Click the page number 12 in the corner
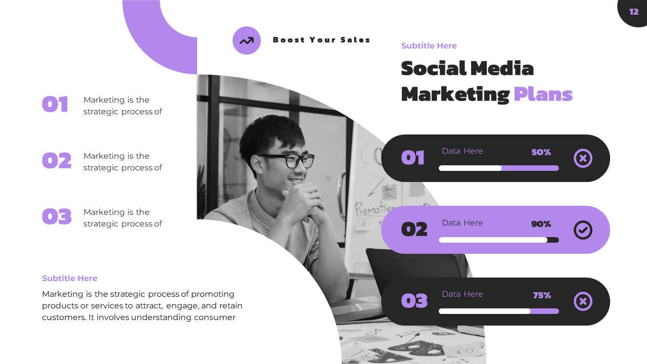[x=633, y=12]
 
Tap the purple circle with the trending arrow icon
[x=247, y=40]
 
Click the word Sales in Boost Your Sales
[x=354, y=40]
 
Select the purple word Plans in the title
[x=543, y=94]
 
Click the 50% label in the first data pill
[x=541, y=152]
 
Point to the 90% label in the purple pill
[x=541, y=224]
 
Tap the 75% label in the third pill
[x=542, y=295]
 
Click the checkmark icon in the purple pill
[x=583, y=230]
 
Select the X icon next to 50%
[x=583, y=159]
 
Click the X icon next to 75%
[x=583, y=302]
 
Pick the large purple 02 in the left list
[x=56, y=161]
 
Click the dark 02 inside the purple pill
[x=414, y=230]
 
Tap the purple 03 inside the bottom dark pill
[x=414, y=301]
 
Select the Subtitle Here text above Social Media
[x=429, y=45]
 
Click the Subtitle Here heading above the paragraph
[x=70, y=278]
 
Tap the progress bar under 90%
[x=498, y=240]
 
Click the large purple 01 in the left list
[x=55, y=105]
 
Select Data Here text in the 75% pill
[x=462, y=294]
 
